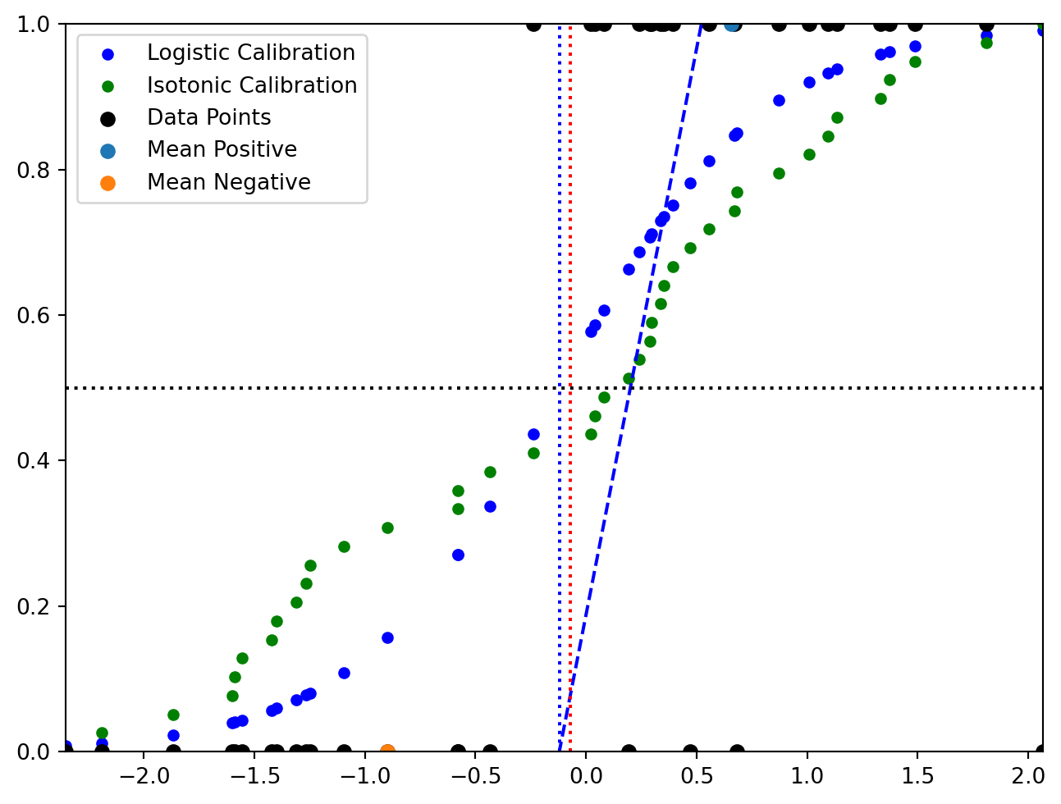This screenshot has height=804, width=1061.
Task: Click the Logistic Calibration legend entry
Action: [250, 53]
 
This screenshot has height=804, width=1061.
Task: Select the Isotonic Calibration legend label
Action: [252, 85]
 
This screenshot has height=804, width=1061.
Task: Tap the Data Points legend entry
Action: [208, 117]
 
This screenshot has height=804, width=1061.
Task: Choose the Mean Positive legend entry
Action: [222, 149]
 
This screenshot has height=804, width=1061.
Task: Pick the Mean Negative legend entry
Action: [228, 182]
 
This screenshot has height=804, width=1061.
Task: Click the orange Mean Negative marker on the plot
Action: [387, 751]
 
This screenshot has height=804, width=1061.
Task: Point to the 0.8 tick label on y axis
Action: [34, 170]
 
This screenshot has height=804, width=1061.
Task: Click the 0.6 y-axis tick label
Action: [34, 315]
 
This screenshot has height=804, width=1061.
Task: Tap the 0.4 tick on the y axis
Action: [34, 460]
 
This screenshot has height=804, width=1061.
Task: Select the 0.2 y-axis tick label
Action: [34, 606]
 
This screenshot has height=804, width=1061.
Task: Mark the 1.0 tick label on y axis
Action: [34, 25]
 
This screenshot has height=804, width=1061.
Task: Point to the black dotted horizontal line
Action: [328, 387]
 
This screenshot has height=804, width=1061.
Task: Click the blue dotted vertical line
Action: [560, 246]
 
